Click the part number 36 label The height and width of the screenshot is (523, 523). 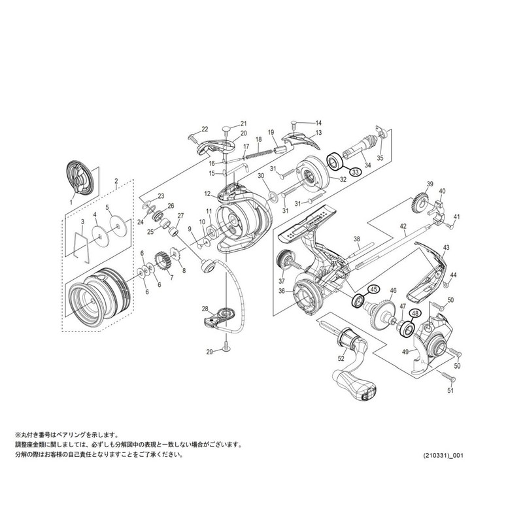coord(282,291)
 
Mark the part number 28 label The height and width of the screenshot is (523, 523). coord(205,309)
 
